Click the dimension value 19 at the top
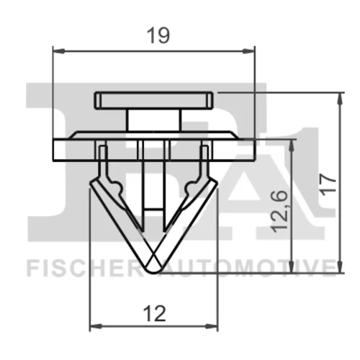(158, 35)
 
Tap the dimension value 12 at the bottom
(155, 314)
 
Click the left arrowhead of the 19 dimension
(59, 51)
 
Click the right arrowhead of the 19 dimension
(248, 51)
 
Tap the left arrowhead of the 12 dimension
(96, 326)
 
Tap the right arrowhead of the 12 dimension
(212, 326)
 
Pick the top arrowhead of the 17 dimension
(340, 99)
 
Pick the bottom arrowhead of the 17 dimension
(340, 266)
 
